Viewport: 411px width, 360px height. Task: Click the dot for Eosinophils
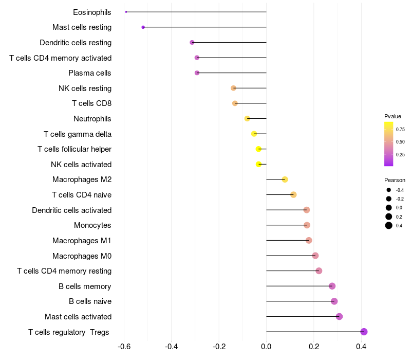(x=126, y=12)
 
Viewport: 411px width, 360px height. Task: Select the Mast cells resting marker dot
(x=143, y=27)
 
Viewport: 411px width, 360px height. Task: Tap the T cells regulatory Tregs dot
(x=364, y=332)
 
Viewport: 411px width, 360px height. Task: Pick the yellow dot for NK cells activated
(x=259, y=164)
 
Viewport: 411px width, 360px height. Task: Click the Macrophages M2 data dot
(x=285, y=179)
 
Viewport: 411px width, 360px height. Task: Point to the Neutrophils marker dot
(x=247, y=119)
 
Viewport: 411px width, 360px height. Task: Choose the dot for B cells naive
(x=334, y=301)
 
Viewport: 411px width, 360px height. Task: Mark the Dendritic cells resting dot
(x=192, y=42)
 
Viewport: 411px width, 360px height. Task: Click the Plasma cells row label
(x=89, y=73)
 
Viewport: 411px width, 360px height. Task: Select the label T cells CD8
(x=92, y=103)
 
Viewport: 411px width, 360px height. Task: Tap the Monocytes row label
(x=92, y=225)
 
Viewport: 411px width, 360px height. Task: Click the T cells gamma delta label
(x=78, y=134)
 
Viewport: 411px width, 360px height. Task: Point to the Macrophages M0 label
(x=82, y=256)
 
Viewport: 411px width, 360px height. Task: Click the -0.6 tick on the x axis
(x=124, y=347)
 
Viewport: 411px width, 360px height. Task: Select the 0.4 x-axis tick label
(x=361, y=347)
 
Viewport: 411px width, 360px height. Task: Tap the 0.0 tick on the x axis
(x=266, y=347)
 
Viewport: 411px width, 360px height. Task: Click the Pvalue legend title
(x=393, y=116)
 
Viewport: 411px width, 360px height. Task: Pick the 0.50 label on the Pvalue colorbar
(x=400, y=142)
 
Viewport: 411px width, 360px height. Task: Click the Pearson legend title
(x=395, y=180)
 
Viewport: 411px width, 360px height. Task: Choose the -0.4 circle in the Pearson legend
(x=389, y=190)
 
